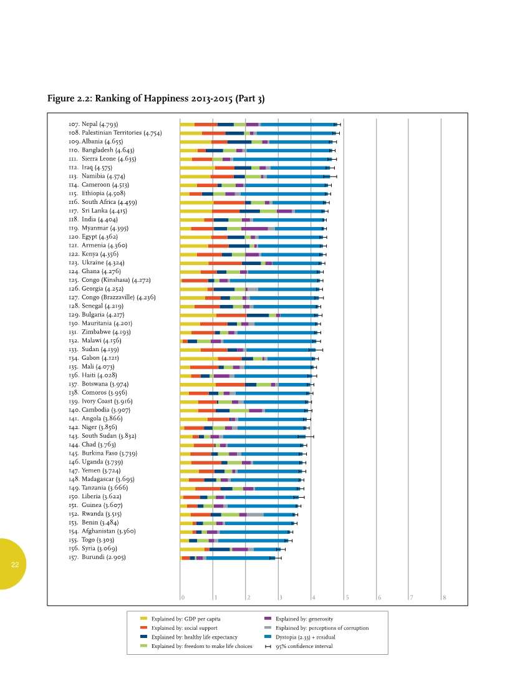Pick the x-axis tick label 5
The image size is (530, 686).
click(347, 598)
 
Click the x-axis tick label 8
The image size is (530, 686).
click(444, 598)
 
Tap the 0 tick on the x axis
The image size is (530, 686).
click(183, 598)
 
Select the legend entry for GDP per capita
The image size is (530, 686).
click(185, 619)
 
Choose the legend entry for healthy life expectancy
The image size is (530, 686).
click(194, 637)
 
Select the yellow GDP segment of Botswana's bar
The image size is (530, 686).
click(198, 384)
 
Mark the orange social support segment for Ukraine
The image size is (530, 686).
click(225, 263)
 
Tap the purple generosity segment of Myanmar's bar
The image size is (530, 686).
click(254, 229)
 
